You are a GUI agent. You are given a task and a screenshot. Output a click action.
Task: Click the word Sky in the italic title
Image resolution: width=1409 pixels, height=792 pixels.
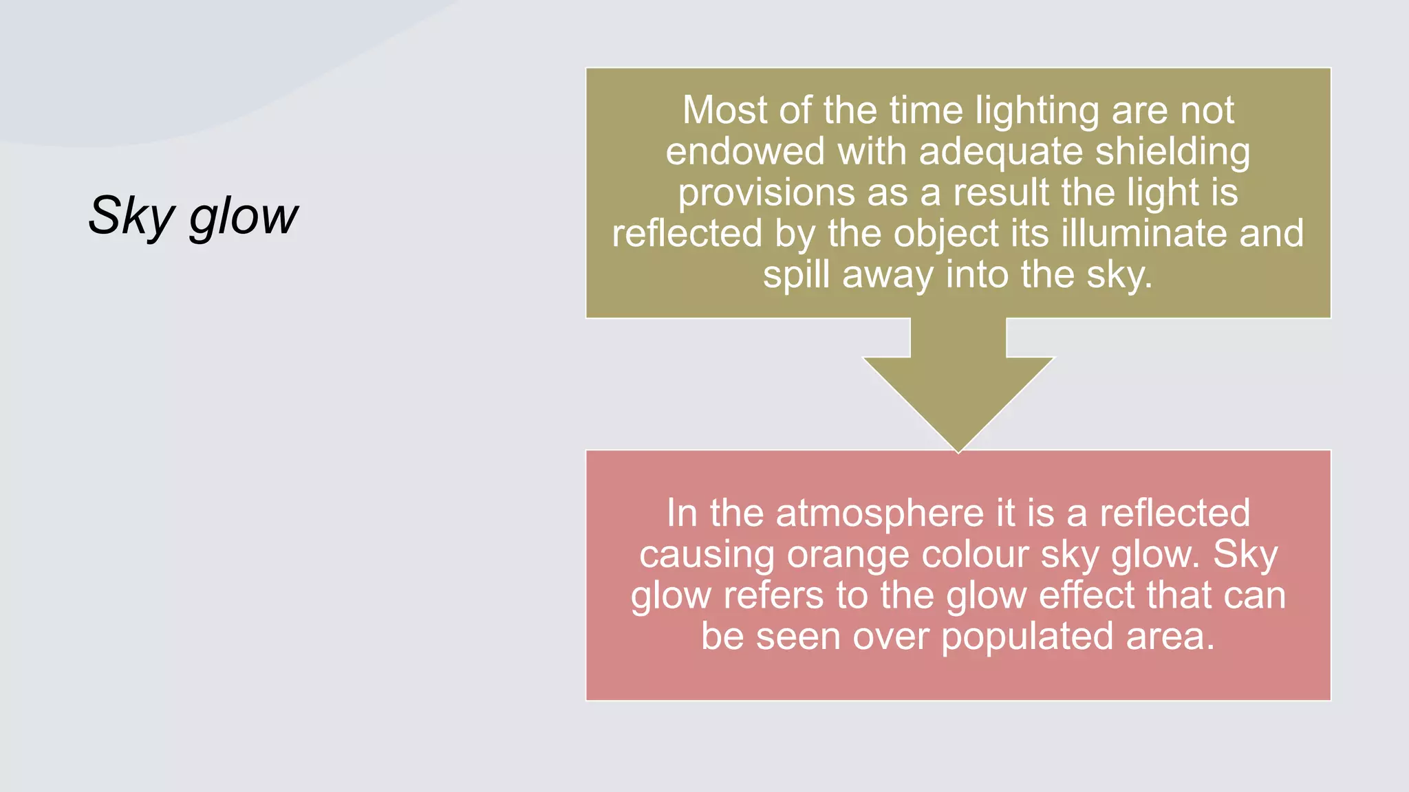click(x=131, y=216)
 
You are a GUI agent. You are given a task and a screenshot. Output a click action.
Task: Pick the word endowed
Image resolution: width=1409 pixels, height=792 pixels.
click(x=745, y=151)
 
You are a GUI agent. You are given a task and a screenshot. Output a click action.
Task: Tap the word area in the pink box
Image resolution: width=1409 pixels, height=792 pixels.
click(x=1170, y=637)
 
